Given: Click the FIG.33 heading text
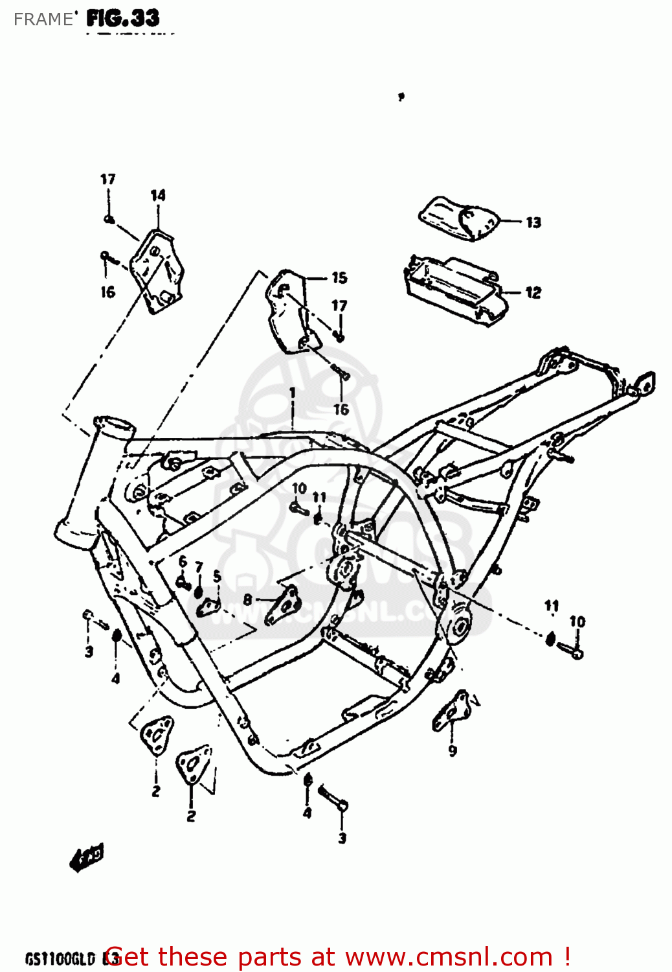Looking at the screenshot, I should pyautogui.click(x=123, y=18).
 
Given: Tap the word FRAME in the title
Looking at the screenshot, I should pyautogui.click(x=43, y=19).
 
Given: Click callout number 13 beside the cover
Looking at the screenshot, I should pyautogui.click(x=533, y=223).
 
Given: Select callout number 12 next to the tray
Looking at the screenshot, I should pyautogui.click(x=533, y=293).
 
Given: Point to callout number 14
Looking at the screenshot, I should pyautogui.click(x=158, y=195).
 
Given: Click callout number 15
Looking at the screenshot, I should pyautogui.click(x=339, y=278).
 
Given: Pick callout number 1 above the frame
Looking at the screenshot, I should pyautogui.click(x=293, y=393).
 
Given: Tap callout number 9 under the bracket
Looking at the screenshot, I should pyautogui.click(x=453, y=750).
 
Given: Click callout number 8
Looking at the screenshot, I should pyautogui.click(x=247, y=600).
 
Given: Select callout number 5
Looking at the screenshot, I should pyautogui.click(x=217, y=575).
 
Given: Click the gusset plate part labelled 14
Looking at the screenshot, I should pyautogui.click(x=157, y=272).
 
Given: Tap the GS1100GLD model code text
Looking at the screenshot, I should pyautogui.click(x=60, y=958).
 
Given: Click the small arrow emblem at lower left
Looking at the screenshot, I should pyautogui.click(x=87, y=857).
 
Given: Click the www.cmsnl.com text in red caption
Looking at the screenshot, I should pyautogui.click(x=449, y=957).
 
